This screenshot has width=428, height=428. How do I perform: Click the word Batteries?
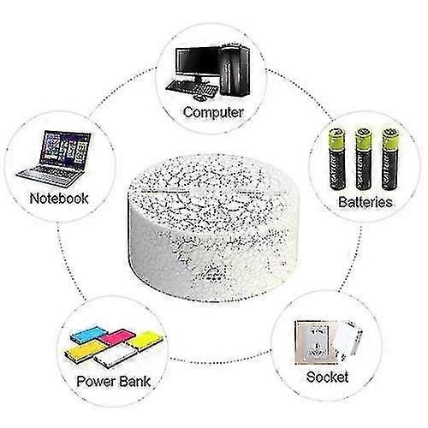366,203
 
